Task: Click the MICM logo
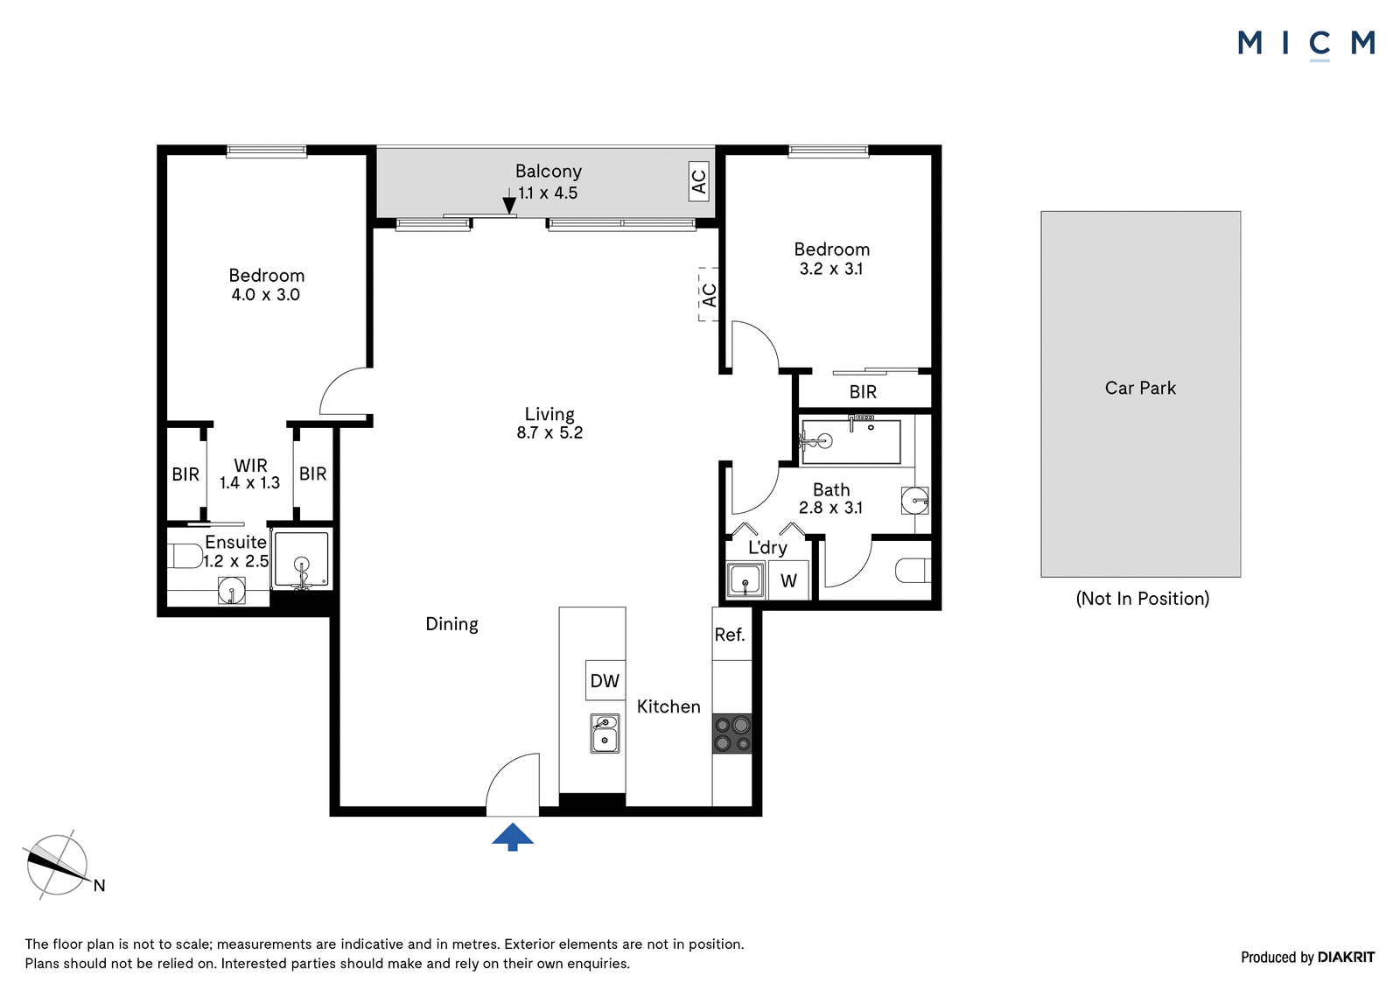(x=1305, y=45)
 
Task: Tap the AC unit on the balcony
(x=699, y=181)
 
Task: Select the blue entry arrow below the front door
(x=513, y=837)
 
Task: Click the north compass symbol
(x=59, y=866)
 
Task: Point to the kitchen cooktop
(x=731, y=734)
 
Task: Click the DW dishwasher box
(x=605, y=680)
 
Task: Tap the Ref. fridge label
(x=730, y=635)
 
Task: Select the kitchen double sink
(x=605, y=734)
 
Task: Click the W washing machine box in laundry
(x=788, y=580)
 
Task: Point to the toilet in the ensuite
(x=185, y=555)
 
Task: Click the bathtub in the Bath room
(x=851, y=442)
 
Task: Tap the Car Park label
(x=1141, y=389)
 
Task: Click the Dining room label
(x=451, y=624)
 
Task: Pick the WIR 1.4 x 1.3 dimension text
(x=250, y=474)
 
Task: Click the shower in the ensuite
(x=302, y=559)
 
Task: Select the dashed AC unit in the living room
(x=708, y=295)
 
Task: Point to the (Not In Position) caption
(x=1143, y=599)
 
